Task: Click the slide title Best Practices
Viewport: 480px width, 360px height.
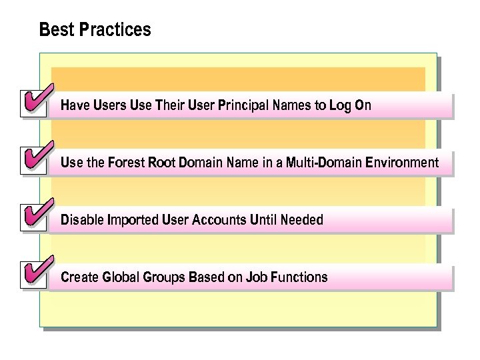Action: coord(95,30)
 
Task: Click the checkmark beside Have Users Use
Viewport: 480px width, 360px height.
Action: coord(34,101)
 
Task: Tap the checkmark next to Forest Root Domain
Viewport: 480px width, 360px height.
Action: coord(34,159)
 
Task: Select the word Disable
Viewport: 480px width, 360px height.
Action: coord(81,220)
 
